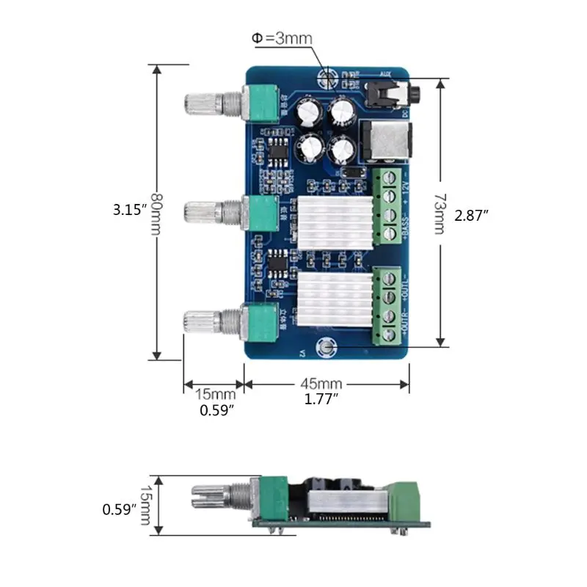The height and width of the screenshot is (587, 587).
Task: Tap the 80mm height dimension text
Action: click(x=156, y=212)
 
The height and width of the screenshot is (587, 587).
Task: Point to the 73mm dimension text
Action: click(x=439, y=214)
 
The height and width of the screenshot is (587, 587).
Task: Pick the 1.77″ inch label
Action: click(x=321, y=399)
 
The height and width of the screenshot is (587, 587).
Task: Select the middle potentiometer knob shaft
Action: click(x=205, y=213)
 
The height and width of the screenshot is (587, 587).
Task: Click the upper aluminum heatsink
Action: click(x=330, y=221)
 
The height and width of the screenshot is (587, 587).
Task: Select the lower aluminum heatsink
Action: click(x=330, y=297)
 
